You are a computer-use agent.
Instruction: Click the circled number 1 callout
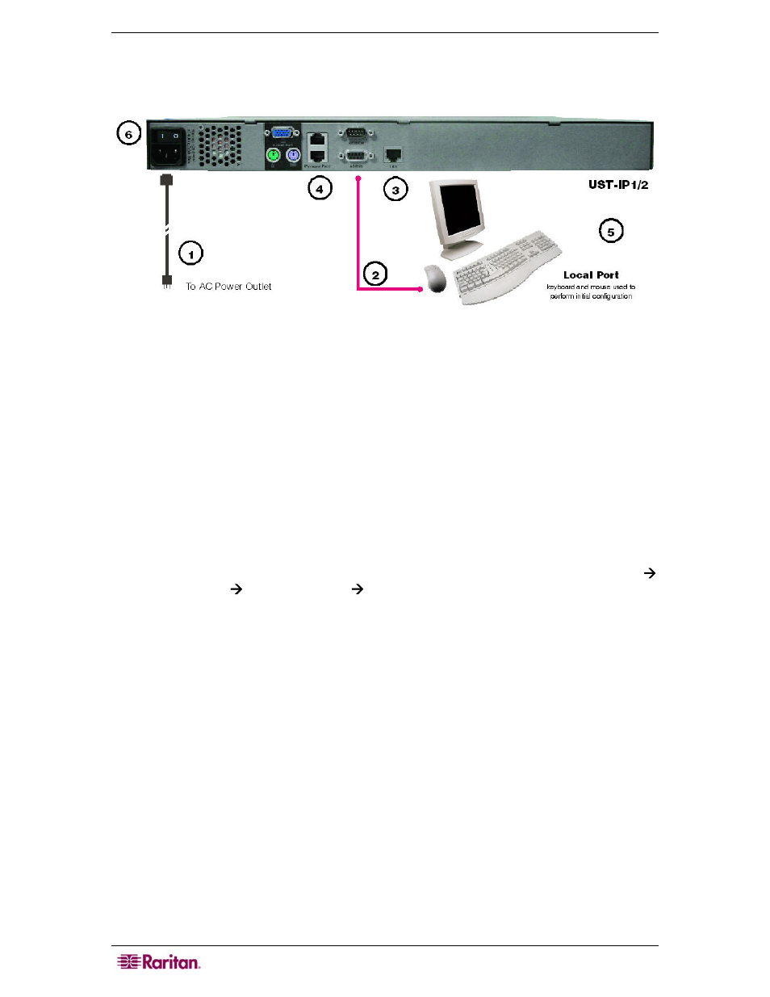pos(190,254)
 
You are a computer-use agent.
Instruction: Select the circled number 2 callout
pos(375,274)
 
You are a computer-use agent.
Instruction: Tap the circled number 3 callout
pos(395,191)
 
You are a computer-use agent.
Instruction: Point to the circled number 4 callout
pos(320,189)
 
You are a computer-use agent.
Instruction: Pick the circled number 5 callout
pos(611,232)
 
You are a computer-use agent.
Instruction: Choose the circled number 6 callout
pos(128,134)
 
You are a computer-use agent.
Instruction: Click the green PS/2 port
pos(274,154)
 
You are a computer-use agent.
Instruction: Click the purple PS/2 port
pos(293,154)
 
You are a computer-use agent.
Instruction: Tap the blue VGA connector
pos(282,135)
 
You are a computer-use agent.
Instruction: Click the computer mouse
pos(436,278)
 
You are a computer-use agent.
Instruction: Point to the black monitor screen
pos(458,207)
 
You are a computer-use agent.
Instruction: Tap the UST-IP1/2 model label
pos(618,185)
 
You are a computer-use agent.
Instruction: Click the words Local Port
pos(591,275)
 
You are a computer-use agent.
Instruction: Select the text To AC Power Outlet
pos(228,287)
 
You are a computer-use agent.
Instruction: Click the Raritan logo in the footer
pos(159,961)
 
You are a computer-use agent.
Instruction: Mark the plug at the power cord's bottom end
pos(167,282)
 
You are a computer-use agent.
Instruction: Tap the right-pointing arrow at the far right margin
pos(649,573)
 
